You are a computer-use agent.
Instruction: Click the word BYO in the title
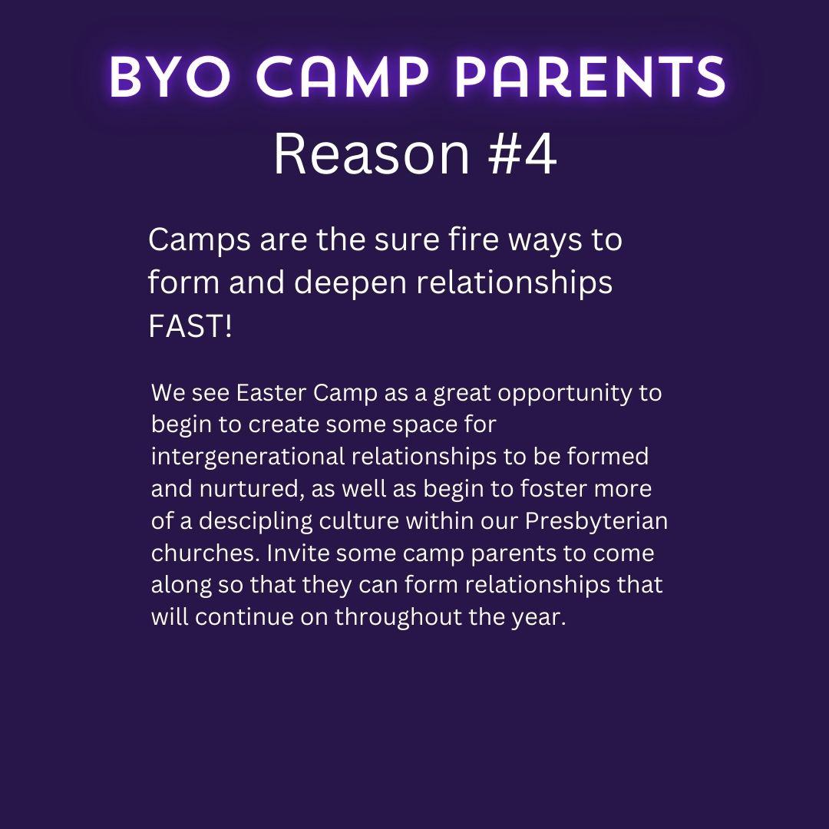[170, 78]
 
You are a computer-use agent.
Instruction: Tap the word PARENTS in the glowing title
[590, 78]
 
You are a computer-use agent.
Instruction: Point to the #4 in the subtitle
[523, 154]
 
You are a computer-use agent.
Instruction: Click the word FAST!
[190, 325]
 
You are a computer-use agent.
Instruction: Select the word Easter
[271, 393]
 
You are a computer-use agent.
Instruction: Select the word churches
[206, 553]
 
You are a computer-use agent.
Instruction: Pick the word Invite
[298, 553]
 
